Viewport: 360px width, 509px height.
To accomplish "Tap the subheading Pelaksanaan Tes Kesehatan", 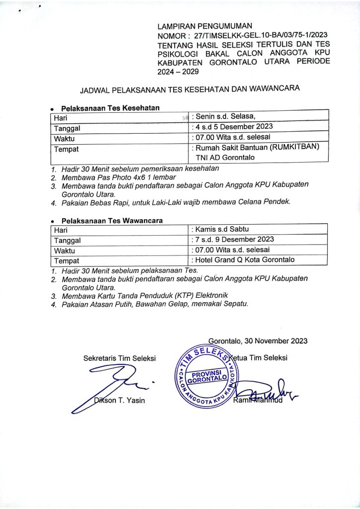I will point(110,108).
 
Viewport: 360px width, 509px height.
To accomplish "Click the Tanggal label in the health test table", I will point(68,128).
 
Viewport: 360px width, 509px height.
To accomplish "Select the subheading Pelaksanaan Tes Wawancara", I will point(112,220).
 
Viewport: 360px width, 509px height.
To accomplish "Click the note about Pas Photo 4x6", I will point(116,177).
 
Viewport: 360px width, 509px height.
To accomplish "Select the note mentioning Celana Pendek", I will point(177,202).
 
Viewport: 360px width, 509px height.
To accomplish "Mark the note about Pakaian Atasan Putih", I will point(155,304).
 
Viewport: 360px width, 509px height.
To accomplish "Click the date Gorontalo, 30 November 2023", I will point(258,341).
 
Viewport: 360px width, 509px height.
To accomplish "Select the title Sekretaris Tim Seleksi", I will point(119,357).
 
